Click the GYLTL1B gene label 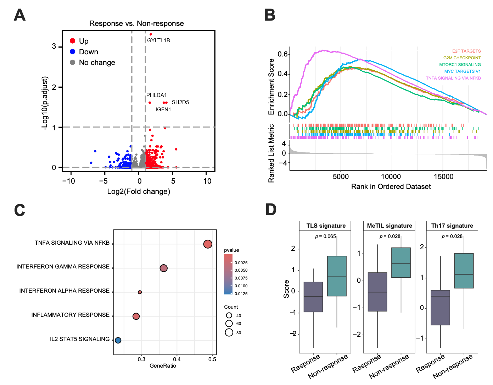point(158,40)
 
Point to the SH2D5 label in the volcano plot point(180,102)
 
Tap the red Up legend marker point(73,41)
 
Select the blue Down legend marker point(73,51)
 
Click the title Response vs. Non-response point(136,23)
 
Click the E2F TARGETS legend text point(466,51)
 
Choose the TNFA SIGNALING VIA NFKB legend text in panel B point(453,78)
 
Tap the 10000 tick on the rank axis point(391,177)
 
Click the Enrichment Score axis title point(271,87)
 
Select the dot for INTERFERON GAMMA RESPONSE point(163,268)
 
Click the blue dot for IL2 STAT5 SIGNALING point(118,340)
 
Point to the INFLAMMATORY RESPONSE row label point(71,315)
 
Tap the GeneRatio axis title point(163,366)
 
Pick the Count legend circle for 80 point(229,332)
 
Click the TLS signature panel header point(326,226)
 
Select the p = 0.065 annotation point(325,236)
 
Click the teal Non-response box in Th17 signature point(464,271)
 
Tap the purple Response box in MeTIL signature point(377,292)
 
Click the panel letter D point(271,210)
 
